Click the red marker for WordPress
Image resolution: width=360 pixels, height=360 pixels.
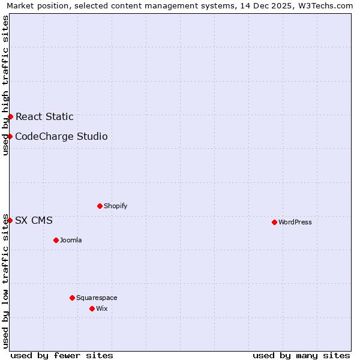pos(274,222)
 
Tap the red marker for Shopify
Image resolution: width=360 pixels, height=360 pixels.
pos(100,206)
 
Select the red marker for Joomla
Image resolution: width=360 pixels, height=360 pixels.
pos(56,240)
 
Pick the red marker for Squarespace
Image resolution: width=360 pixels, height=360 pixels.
pos(72,298)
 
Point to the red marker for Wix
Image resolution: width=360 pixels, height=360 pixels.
pos(92,308)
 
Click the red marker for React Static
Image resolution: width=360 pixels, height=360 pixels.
pos(10,116)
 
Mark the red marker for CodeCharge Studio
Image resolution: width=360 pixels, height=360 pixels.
pos(10,136)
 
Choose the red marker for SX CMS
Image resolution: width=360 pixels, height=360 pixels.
pos(10,220)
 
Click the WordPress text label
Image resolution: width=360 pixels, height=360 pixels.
pos(295,222)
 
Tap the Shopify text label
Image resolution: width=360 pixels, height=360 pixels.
pos(116,206)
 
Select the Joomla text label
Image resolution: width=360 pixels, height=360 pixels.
pos(71,240)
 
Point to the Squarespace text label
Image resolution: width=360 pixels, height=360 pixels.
pos(97,298)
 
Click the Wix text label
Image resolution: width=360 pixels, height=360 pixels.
pos(102,308)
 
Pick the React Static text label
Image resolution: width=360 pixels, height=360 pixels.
pos(44,116)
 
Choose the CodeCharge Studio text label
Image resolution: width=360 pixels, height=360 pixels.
pos(61,136)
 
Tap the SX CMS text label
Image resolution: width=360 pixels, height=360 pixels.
pos(34,220)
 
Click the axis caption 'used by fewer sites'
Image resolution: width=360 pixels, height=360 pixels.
pos(62,355)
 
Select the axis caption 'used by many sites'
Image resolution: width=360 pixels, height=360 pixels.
pos(301,355)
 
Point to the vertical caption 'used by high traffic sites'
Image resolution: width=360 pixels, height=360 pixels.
pos(5,85)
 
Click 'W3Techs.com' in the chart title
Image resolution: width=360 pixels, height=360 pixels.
pos(326,5)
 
